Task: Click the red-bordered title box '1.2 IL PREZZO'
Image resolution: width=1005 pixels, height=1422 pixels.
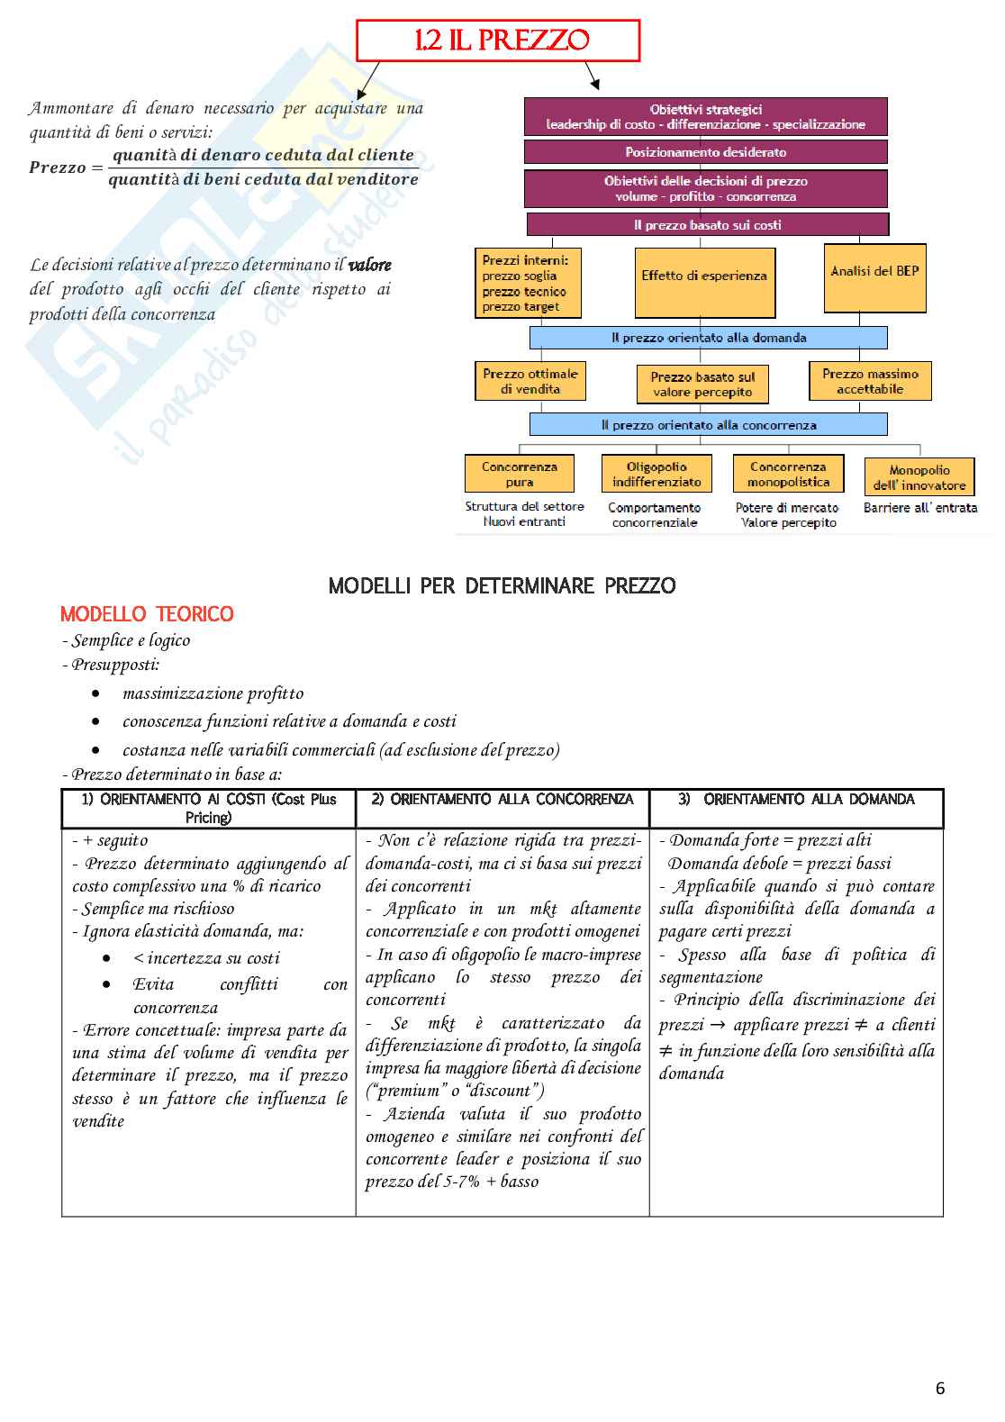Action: [498, 41]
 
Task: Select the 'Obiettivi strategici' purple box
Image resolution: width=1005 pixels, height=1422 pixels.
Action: [705, 117]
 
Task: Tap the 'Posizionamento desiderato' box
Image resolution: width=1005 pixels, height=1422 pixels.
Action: [705, 152]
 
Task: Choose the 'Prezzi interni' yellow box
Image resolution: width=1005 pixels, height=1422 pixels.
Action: [528, 283]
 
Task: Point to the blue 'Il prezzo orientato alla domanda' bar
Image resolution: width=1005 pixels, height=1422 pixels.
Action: [708, 338]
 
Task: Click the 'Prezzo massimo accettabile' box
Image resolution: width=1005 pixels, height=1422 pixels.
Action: [869, 381]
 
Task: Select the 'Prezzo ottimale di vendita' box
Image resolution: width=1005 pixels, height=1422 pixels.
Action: [530, 381]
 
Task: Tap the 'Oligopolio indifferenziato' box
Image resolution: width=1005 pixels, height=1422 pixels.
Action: [656, 474]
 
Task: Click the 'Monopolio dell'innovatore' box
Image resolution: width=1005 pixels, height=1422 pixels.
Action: [919, 477]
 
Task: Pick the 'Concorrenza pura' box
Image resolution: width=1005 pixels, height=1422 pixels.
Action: [519, 474]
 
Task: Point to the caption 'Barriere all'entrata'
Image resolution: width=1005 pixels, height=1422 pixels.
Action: [919, 508]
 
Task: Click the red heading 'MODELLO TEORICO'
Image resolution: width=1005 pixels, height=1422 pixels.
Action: [147, 614]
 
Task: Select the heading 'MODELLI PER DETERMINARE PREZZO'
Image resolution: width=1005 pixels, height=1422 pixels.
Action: [502, 586]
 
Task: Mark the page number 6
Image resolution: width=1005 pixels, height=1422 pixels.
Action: [940, 1388]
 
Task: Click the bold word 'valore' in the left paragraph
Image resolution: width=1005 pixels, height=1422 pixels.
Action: [369, 265]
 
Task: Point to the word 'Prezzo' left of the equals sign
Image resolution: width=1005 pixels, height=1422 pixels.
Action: [58, 168]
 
